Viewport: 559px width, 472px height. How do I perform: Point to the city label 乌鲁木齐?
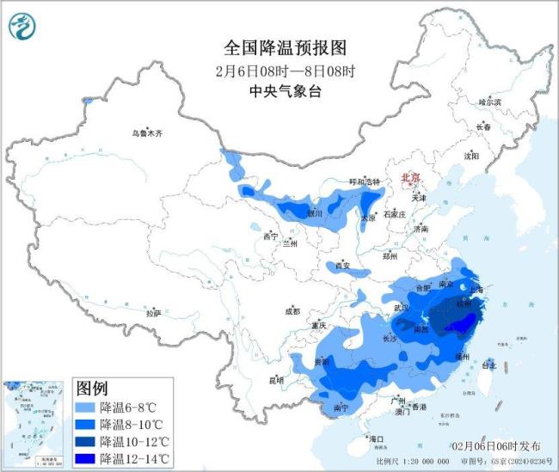pos(147,133)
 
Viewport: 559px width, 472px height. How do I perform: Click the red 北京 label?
pos(410,178)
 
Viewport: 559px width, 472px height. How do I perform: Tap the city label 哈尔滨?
pos(489,101)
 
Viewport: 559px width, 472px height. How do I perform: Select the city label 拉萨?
pos(154,314)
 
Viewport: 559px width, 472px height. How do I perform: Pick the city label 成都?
pos(293,311)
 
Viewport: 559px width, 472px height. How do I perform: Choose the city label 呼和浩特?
pos(363,181)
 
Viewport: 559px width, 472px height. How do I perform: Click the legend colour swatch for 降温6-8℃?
pos(85,408)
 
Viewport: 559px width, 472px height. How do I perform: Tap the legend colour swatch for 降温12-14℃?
pos(85,458)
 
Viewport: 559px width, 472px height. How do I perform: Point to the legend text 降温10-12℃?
pos(135,441)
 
